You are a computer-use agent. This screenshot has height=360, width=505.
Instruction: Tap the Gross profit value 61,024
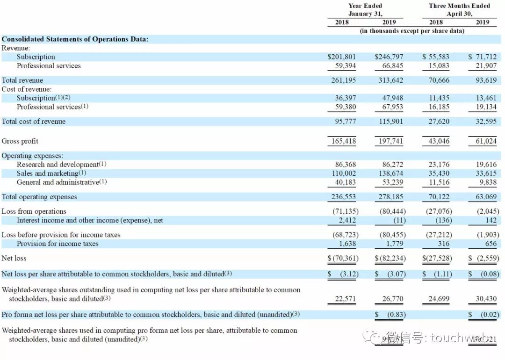(483, 141)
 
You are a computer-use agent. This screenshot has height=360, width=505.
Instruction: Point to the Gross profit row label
(20, 141)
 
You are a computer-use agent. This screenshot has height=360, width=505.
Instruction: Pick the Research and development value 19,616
(486, 165)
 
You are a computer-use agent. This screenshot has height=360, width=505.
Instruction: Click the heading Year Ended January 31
(365, 10)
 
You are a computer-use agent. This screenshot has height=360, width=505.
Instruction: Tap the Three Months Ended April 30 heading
(459, 10)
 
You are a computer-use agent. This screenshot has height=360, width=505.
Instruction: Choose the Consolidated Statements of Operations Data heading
(75, 39)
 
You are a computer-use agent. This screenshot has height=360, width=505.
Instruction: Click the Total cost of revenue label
(34, 122)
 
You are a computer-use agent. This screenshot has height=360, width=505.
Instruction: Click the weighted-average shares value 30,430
(487, 299)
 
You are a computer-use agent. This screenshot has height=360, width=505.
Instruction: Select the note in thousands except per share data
(412, 31)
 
